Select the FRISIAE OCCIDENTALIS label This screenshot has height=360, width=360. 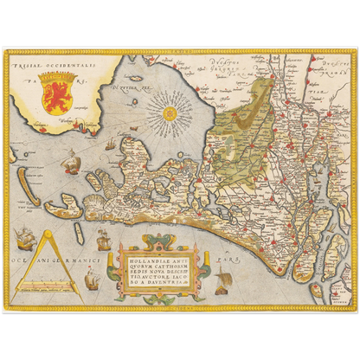tap(51, 65)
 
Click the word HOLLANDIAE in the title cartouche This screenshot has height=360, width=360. tap(138, 255)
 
